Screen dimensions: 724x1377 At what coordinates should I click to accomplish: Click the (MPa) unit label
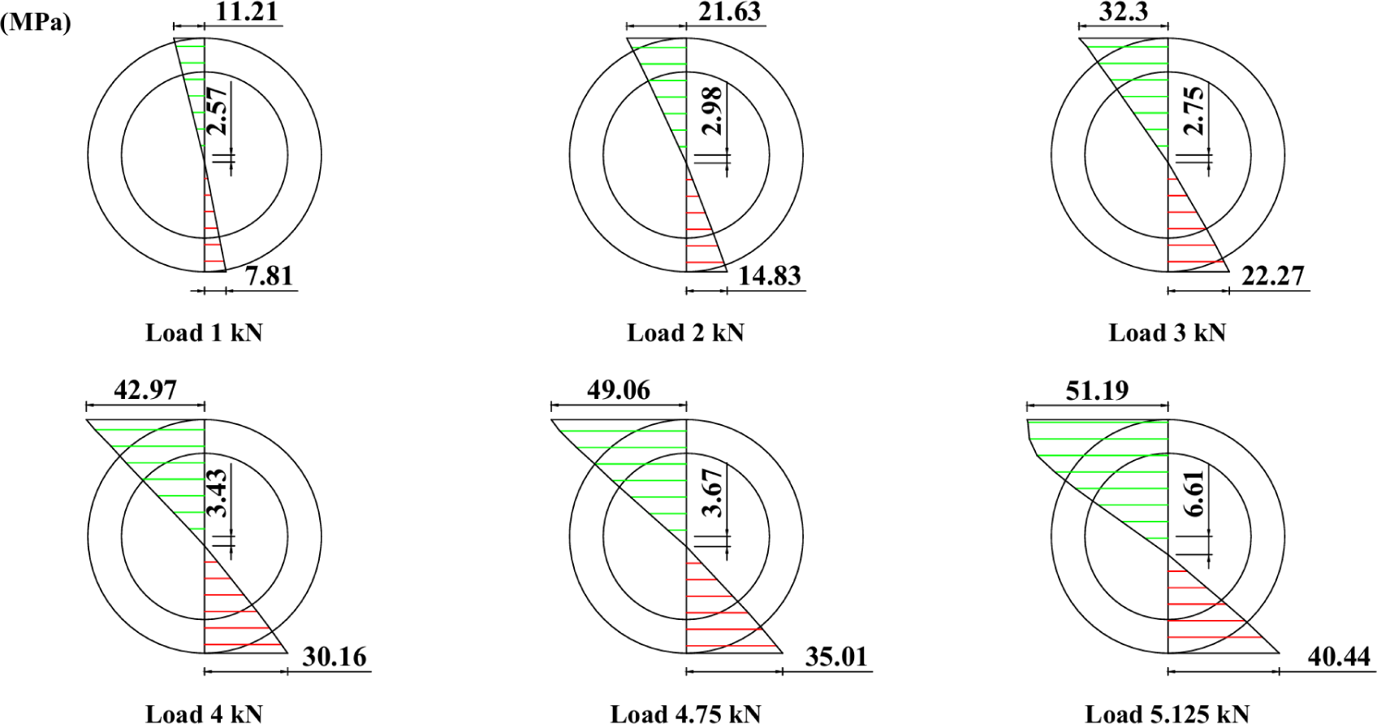click(36, 23)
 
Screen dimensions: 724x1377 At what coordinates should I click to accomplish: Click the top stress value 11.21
click(246, 12)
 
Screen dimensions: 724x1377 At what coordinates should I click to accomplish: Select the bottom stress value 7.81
click(269, 276)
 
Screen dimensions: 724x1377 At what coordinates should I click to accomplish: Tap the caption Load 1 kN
click(204, 333)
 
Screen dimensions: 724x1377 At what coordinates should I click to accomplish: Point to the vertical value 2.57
click(217, 111)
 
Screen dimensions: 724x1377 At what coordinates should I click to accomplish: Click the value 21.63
click(729, 12)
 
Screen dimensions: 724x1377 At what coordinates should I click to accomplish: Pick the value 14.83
click(769, 276)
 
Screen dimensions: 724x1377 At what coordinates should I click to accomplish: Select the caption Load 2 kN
click(685, 333)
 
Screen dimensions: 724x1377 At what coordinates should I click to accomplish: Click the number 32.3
click(1123, 12)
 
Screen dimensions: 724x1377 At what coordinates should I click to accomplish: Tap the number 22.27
click(1272, 276)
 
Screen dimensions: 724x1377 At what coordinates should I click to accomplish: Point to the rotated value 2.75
click(1194, 111)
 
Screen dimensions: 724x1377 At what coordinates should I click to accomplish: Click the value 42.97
click(145, 391)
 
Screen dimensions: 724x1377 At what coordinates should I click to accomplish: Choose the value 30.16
click(334, 657)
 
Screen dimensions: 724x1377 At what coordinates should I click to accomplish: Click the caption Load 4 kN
click(204, 713)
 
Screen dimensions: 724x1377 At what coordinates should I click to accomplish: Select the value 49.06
click(618, 391)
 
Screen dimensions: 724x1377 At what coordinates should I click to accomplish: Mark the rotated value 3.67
click(712, 493)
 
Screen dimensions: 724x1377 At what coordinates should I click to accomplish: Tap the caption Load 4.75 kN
click(685, 713)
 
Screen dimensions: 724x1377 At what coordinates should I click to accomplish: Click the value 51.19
click(1097, 391)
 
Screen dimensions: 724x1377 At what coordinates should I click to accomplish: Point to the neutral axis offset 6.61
click(1194, 493)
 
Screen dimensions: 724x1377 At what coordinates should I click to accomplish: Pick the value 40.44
click(1339, 657)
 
